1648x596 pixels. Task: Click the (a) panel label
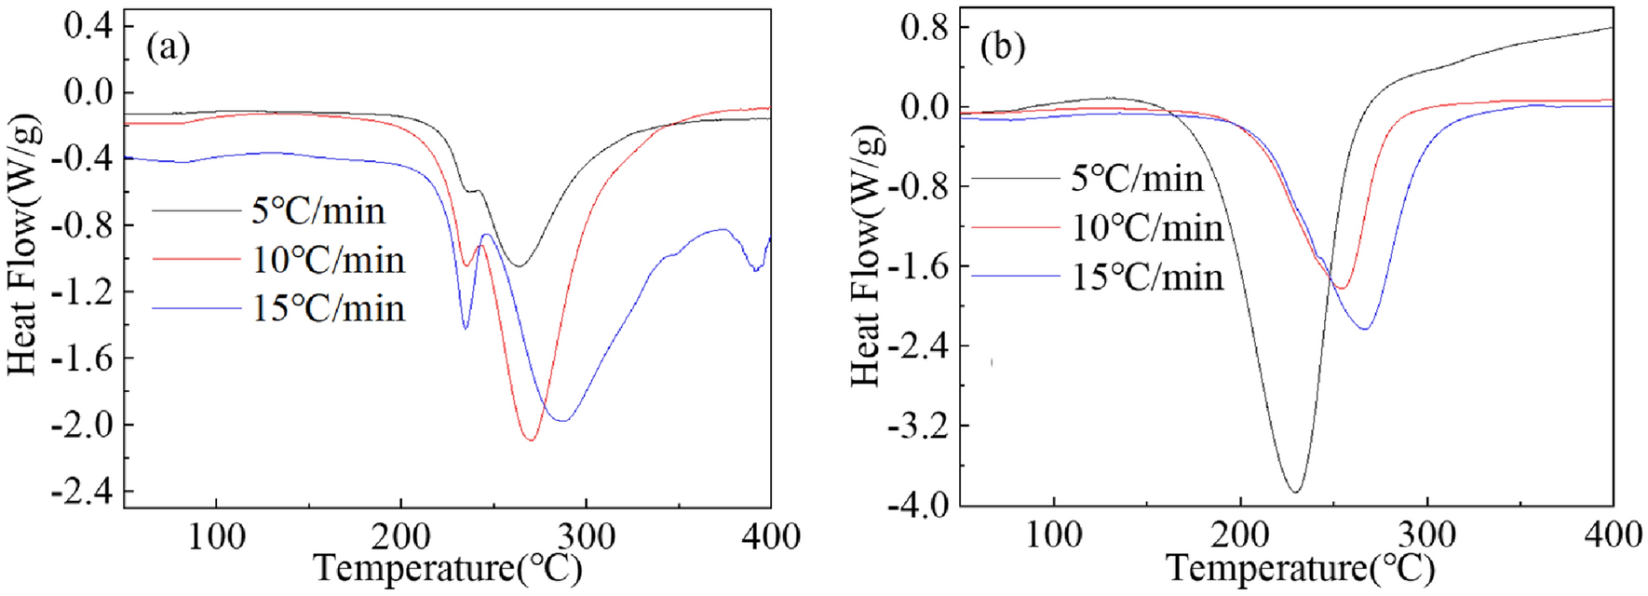(169, 47)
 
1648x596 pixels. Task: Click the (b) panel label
(1003, 46)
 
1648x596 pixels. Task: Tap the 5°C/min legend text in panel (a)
(318, 211)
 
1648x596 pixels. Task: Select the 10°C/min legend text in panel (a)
(329, 260)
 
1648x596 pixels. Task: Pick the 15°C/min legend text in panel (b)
(1147, 277)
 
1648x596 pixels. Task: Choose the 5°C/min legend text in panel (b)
(1137, 178)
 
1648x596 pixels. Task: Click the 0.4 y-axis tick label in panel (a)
(88, 25)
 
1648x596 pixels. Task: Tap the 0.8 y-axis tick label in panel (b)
(924, 27)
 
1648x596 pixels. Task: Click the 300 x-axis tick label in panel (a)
(586, 536)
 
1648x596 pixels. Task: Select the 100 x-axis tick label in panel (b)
(1053, 535)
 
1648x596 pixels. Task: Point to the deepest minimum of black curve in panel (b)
(1295, 491)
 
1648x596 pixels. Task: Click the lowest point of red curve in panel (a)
(531, 439)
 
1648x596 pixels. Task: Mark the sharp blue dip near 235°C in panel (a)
(466, 328)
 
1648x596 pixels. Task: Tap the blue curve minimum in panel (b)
(1365, 328)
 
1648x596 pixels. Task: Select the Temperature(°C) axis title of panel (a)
(447, 568)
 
